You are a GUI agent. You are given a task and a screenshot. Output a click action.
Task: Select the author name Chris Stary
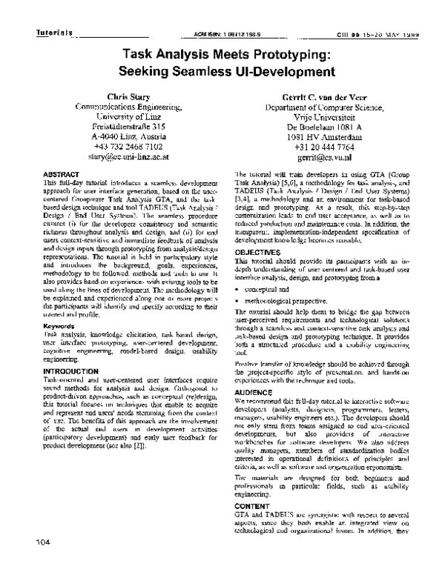129,98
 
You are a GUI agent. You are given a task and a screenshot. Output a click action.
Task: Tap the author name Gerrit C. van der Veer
313,98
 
